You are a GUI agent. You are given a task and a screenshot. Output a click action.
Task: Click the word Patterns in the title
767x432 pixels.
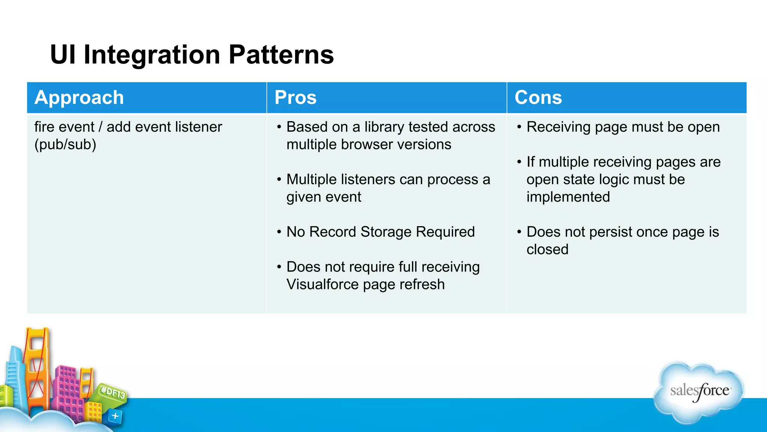[281, 55]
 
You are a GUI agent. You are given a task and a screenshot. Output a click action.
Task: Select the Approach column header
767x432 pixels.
[79, 97]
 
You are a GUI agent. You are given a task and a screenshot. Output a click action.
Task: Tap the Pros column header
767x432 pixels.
[295, 97]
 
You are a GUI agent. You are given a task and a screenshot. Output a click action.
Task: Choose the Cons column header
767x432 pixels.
[538, 97]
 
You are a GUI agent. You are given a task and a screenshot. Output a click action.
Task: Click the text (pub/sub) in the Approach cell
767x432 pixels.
[65, 144]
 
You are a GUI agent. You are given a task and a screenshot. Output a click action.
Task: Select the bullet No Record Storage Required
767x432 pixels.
[381, 232]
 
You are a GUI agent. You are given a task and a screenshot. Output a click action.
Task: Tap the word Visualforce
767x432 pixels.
[322, 284]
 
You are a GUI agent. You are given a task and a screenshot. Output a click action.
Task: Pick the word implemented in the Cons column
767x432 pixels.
[568, 197]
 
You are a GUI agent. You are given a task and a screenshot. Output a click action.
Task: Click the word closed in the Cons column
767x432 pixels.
[547, 249]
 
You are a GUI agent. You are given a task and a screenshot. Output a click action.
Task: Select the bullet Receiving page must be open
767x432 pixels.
[623, 127]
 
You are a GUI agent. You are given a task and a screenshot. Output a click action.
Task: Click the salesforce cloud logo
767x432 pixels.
[699, 391]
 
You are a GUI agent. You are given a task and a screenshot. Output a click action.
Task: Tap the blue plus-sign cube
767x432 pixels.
[115, 416]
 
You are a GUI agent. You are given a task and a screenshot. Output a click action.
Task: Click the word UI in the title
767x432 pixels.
[63, 55]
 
